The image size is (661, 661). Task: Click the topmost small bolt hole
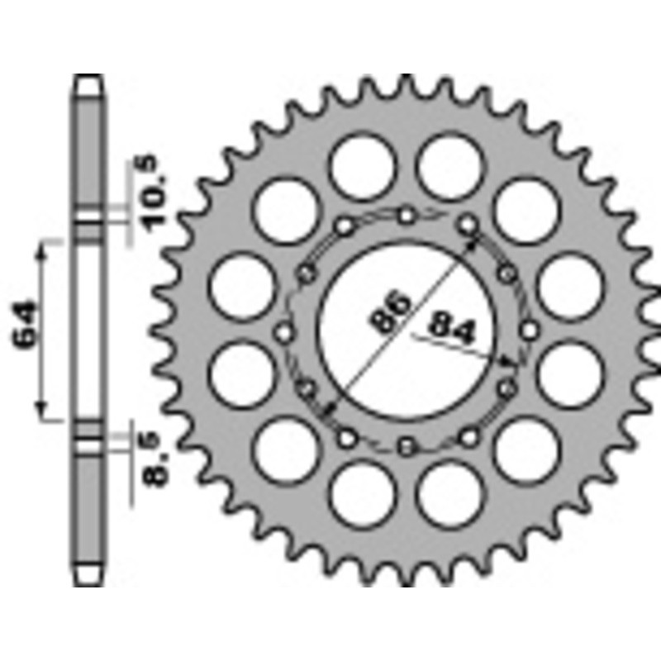[x=406, y=216]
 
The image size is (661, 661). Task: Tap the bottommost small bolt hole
[x=406, y=447]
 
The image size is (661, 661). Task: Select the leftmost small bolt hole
[x=284, y=332]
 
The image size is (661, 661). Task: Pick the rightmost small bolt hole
[x=527, y=332]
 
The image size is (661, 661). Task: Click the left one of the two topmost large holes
[x=362, y=164]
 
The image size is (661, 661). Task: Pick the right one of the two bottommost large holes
[x=449, y=497]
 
